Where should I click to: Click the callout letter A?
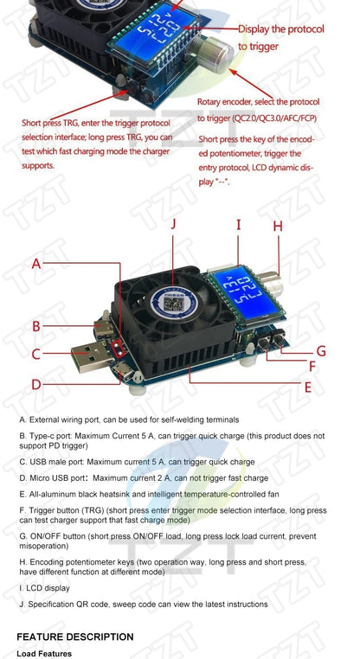click(37, 263)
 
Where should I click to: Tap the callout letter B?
click(37, 326)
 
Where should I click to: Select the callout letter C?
click(37, 354)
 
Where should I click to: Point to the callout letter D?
click(37, 384)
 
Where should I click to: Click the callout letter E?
click(307, 387)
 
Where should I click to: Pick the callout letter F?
click(313, 367)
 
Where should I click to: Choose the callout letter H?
click(278, 226)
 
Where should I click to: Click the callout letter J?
click(173, 223)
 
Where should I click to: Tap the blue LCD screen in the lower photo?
click(242, 295)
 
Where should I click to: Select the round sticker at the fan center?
click(170, 304)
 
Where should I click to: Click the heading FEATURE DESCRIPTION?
click(75, 637)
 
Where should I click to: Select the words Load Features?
click(43, 654)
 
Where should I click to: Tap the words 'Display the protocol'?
click(280, 29)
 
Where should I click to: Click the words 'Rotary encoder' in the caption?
click(227, 102)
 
